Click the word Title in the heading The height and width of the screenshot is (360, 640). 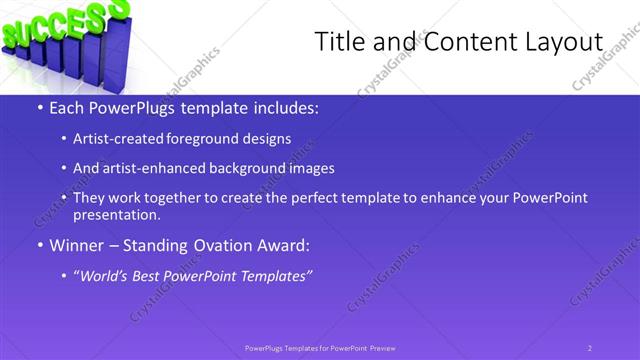pos(338,42)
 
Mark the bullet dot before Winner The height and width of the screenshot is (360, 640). pos(39,246)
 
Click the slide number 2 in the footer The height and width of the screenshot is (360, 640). pos(589,348)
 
